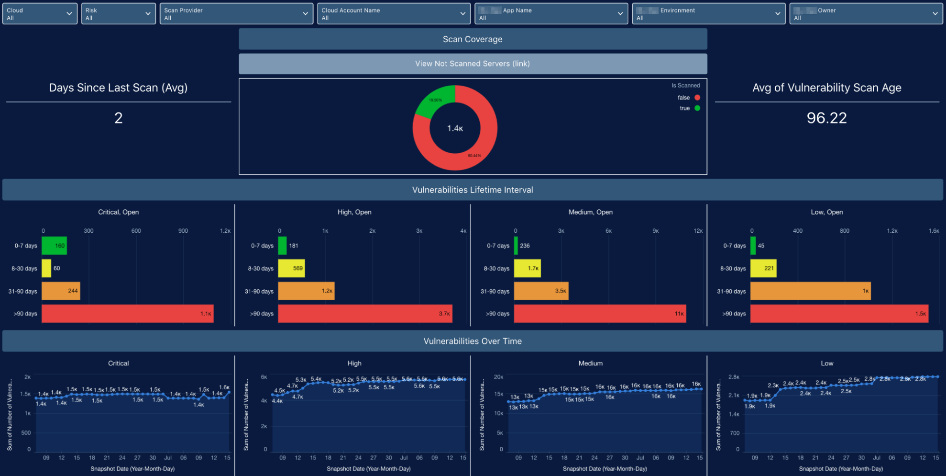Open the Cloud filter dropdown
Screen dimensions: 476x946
(x=40, y=14)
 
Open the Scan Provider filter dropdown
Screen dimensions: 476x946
(x=236, y=14)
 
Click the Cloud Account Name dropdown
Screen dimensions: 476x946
(x=394, y=14)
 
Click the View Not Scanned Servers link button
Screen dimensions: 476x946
(x=473, y=64)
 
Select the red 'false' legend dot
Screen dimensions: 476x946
(x=697, y=98)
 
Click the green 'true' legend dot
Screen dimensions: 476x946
(x=697, y=108)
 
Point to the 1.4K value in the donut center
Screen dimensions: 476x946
(x=455, y=128)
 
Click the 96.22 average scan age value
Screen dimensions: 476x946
(x=826, y=118)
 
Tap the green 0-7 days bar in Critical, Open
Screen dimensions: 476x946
(x=54, y=246)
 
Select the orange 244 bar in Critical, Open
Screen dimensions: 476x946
(x=61, y=291)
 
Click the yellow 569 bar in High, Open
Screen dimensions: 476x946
(x=291, y=268)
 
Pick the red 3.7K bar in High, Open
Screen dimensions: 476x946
(x=365, y=314)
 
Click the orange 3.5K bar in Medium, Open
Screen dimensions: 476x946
(x=541, y=291)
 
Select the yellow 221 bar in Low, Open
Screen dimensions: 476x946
(x=763, y=268)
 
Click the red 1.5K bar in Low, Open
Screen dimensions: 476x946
(x=839, y=314)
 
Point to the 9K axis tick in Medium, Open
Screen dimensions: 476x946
(x=655, y=231)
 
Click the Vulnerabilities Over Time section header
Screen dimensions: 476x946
(x=473, y=341)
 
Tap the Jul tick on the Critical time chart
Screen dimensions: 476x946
(x=168, y=458)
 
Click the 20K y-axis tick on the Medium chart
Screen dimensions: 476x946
(x=498, y=377)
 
